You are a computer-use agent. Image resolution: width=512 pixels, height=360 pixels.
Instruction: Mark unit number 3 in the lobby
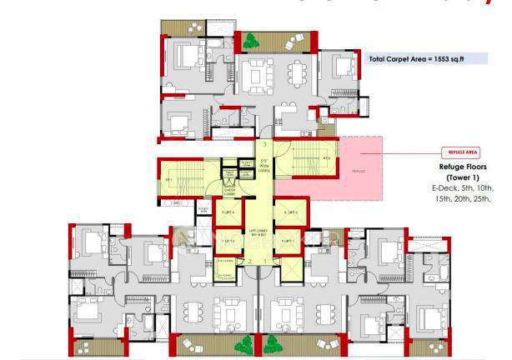(x=264, y=144)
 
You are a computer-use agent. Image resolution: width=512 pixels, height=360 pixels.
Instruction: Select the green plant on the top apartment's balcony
(x=248, y=37)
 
